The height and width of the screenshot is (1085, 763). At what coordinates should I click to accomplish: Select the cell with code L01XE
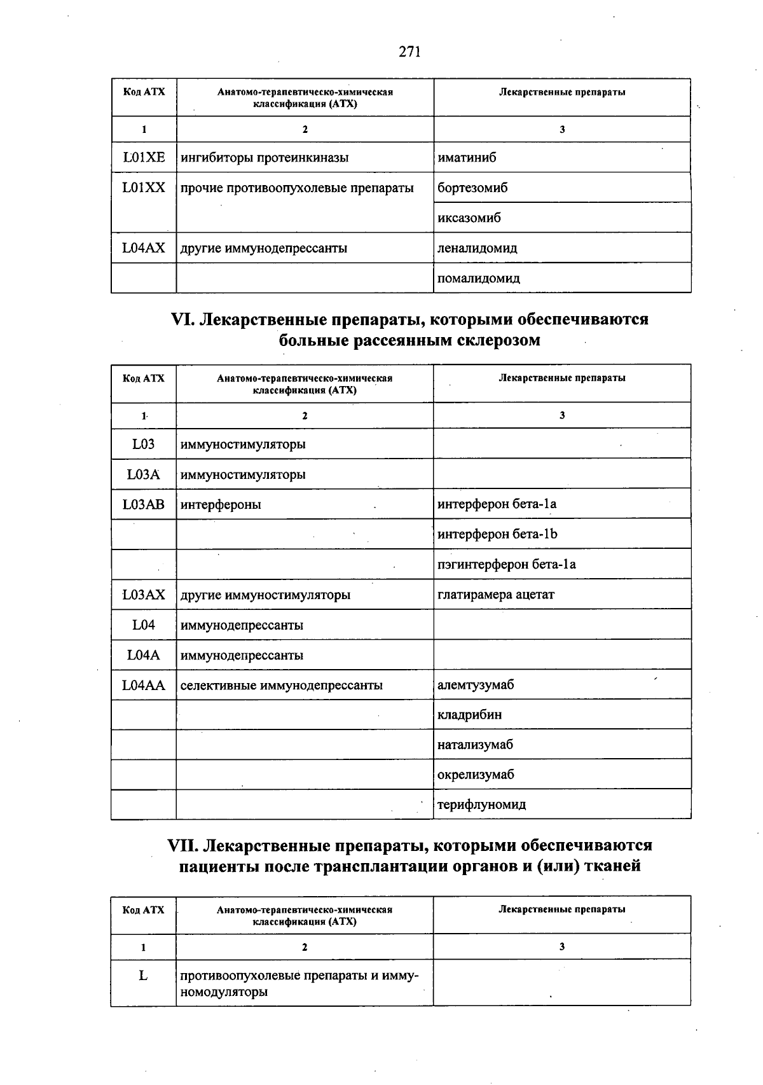pos(144,157)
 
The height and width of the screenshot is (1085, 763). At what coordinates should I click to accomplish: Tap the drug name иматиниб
pos(467,157)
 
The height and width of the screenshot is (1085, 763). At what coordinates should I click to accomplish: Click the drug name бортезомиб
pos(472,188)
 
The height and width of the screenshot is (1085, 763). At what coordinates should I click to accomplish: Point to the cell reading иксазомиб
pos(469,218)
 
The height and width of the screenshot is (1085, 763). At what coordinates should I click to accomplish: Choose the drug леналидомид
pos(478,248)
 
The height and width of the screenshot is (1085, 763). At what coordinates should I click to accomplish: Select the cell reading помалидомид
pos(479,278)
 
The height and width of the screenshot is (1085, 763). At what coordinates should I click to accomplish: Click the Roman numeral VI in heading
pos(183,319)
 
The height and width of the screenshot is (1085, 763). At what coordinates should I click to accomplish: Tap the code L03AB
pos(144,504)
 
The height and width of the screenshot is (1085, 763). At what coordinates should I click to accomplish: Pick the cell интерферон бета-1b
pos(497,534)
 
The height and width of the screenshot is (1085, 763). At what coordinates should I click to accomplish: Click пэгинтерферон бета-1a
pos(507,564)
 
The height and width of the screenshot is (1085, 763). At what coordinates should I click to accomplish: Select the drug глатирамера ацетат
pos(496,595)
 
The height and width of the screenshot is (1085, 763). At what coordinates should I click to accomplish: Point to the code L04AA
pos(144,685)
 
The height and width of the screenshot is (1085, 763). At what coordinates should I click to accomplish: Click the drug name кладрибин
pos(469,714)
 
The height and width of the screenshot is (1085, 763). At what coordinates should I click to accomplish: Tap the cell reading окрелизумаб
pos(476,774)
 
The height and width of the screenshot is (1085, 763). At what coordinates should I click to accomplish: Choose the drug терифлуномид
pos(481,805)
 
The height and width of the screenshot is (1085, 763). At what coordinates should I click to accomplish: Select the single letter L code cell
pos(144,975)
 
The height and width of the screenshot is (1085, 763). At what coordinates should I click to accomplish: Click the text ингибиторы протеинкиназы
pos(265,157)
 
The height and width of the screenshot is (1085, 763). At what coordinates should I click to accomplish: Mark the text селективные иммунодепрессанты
pos(282,685)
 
